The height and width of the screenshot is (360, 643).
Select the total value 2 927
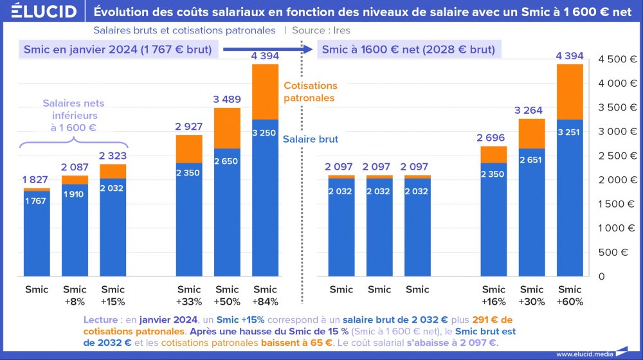(x=188, y=126)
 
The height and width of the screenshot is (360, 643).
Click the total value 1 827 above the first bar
(x=36, y=180)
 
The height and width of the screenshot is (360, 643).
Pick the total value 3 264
(x=532, y=111)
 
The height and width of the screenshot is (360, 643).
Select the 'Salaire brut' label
(x=310, y=138)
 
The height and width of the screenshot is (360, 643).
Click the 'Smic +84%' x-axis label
(x=265, y=295)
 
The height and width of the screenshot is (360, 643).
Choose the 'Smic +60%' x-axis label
(x=570, y=295)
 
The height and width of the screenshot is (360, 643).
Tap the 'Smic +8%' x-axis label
(x=75, y=295)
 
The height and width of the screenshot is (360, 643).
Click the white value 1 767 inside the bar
(x=36, y=201)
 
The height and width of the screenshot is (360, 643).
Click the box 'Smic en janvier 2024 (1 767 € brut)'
(x=118, y=50)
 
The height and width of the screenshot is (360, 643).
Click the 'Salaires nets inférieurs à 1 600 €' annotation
(x=73, y=115)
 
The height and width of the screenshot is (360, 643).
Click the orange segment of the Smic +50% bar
(x=227, y=128)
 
